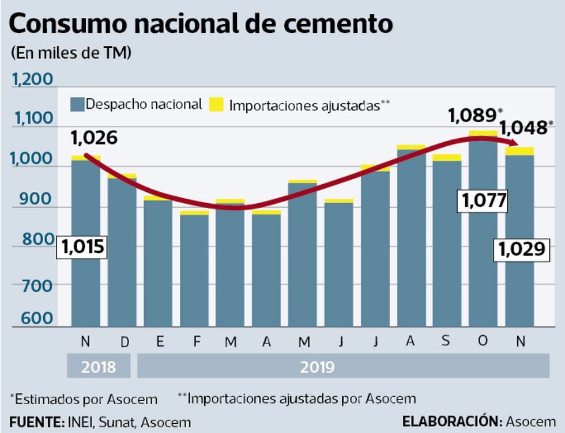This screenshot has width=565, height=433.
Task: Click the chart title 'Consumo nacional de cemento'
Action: pyautogui.click(x=201, y=24)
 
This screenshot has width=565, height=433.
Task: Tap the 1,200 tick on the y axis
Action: pyautogui.click(x=32, y=79)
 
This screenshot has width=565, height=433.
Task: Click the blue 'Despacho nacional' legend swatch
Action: pyautogui.click(x=77, y=104)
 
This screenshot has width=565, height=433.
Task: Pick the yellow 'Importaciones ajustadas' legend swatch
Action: pyautogui.click(x=216, y=104)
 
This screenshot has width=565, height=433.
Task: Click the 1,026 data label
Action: pyautogui.click(x=94, y=138)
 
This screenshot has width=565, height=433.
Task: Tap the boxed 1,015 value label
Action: pyautogui.click(x=82, y=247)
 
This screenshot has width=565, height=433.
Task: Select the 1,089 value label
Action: pyautogui.click(x=472, y=116)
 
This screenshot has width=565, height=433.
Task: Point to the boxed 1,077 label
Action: pyautogui.click(x=483, y=201)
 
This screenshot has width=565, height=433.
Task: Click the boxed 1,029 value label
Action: pyautogui.click(x=521, y=249)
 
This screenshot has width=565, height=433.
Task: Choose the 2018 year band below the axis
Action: pyautogui.click(x=99, y=367)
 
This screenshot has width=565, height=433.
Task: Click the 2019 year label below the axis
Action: pyautogui.click(x=317, y=367)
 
